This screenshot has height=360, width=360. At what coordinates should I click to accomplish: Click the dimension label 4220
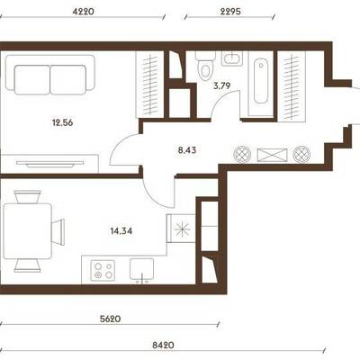(x=84, y=12)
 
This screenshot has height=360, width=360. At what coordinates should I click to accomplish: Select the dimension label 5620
(x=110, y=319)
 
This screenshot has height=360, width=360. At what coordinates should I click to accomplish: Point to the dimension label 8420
(x=163, y=345)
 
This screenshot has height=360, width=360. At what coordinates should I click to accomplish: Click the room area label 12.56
(x=63, y=122)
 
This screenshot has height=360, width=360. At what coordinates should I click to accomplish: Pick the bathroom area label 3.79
(x=221, y=86)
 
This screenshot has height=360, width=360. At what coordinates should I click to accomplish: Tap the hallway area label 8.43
(x=187, y=150)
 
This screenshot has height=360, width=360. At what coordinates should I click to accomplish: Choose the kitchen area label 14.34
(x=121, y=231)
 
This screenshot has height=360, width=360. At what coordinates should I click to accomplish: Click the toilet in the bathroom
(x=205, y=66)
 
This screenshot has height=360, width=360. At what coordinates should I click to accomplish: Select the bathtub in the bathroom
(x=261, y=81)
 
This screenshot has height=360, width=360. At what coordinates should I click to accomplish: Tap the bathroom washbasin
(x=232, y=58)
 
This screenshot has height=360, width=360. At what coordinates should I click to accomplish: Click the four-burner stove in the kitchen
(x=103, y=270)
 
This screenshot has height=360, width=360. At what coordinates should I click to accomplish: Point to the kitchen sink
(x=141, y=269)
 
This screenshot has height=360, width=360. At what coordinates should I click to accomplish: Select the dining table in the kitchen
(x=27, y=231)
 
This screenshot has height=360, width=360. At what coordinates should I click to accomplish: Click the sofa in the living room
(x=50, y=75)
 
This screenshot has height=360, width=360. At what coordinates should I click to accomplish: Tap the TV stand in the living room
(x=49, y=164)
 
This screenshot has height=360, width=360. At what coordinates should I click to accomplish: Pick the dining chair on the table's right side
(x=58, y=231)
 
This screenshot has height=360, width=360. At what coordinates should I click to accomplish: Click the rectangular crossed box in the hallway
(x=272, y=155)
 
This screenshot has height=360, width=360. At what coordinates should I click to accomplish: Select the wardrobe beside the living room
(x=149, y=85)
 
